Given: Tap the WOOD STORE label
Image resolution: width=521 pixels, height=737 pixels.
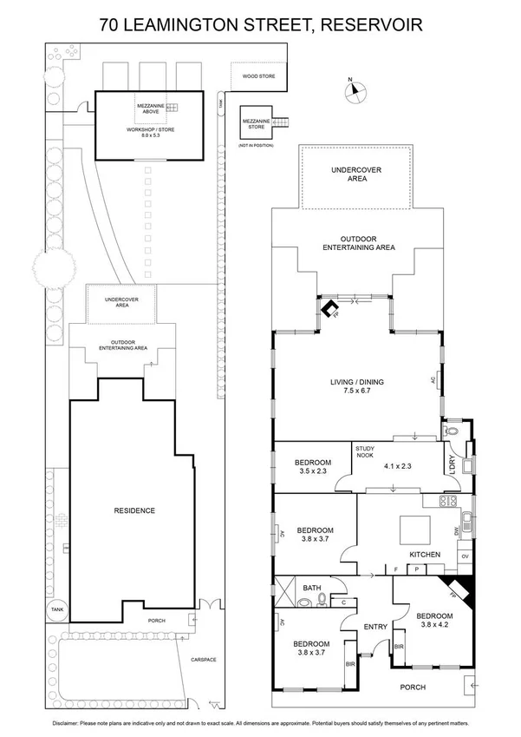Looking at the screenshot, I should click(x=258, y=76).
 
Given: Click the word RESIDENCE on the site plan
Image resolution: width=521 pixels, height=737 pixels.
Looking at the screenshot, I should click(x=134, y=510).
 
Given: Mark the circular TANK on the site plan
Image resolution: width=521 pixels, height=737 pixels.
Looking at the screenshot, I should click(x=56, y=609).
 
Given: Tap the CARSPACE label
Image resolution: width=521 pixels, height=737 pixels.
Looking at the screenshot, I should click(x=205, y=660).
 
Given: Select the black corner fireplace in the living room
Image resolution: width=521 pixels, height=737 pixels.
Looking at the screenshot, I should click(x=329, y=310).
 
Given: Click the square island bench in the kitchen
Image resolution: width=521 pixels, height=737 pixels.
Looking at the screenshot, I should click(x=409, y=528).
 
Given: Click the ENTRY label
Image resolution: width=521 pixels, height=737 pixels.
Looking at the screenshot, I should click(x=375, y=627).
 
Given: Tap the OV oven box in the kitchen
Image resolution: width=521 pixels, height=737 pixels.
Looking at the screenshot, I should click(x=465, y=556).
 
